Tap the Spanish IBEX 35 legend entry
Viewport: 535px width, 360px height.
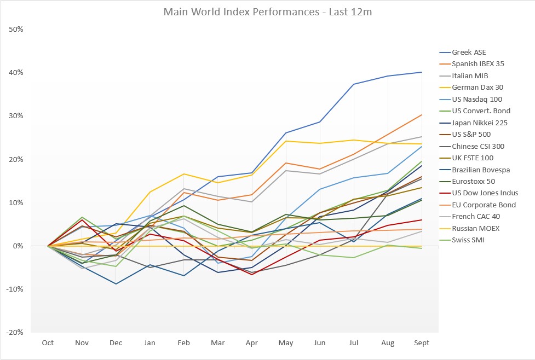(478, 64)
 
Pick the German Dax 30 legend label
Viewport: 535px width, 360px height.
(478, 88)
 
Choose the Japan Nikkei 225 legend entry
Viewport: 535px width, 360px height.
(479, 123)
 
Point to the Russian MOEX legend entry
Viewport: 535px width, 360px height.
(475, 229)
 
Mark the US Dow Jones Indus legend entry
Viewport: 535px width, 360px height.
(485, 193)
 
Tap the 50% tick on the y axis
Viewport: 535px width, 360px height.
(15, 29)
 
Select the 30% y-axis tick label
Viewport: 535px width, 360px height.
(15, 116)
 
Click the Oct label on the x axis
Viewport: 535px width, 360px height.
(48, 343)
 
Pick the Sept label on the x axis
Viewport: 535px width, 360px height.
(421, 343)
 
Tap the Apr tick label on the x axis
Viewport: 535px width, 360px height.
(251, 343)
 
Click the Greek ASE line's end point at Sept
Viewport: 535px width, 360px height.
(422, 72)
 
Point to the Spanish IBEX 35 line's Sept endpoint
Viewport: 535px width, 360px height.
(422, 115)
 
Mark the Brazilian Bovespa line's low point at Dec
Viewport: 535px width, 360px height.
(116, 284)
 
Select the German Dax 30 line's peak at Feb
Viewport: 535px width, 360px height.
(183, 174)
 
